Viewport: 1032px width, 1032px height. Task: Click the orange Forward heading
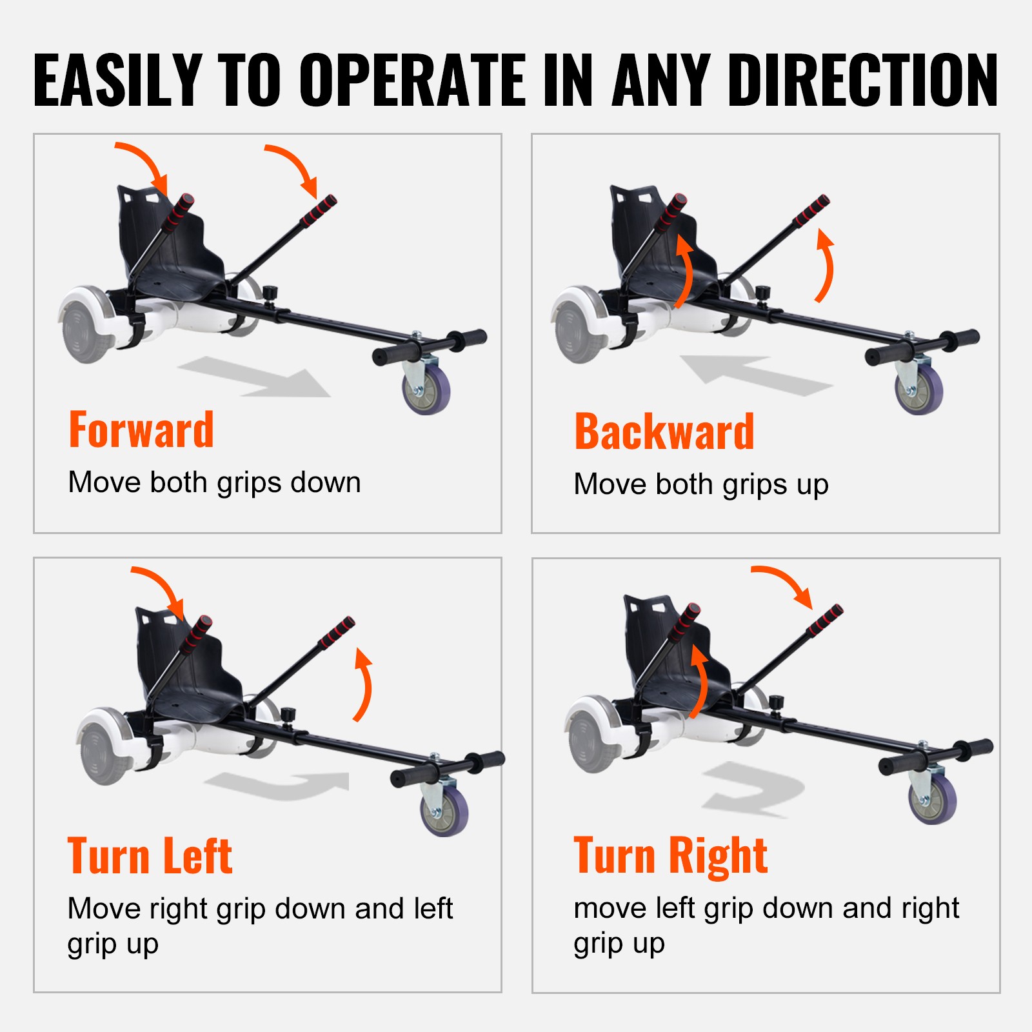[x=141, y=430]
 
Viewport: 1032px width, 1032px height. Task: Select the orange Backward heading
[x=664, y=432]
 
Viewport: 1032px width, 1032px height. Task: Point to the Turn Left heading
[x=150, y=856]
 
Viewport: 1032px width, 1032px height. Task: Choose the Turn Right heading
[x=671, y=856]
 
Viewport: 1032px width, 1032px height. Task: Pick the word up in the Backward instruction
[x=812, y=486]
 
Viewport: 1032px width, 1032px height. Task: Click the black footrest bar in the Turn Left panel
[x=448, y=768]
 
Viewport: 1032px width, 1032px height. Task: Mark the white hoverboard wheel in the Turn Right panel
[x=590, y=735]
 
